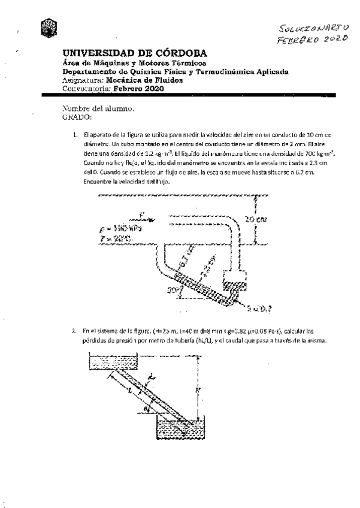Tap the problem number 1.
point(75,136)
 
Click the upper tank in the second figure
point(113,361)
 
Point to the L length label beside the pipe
point(129,390)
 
